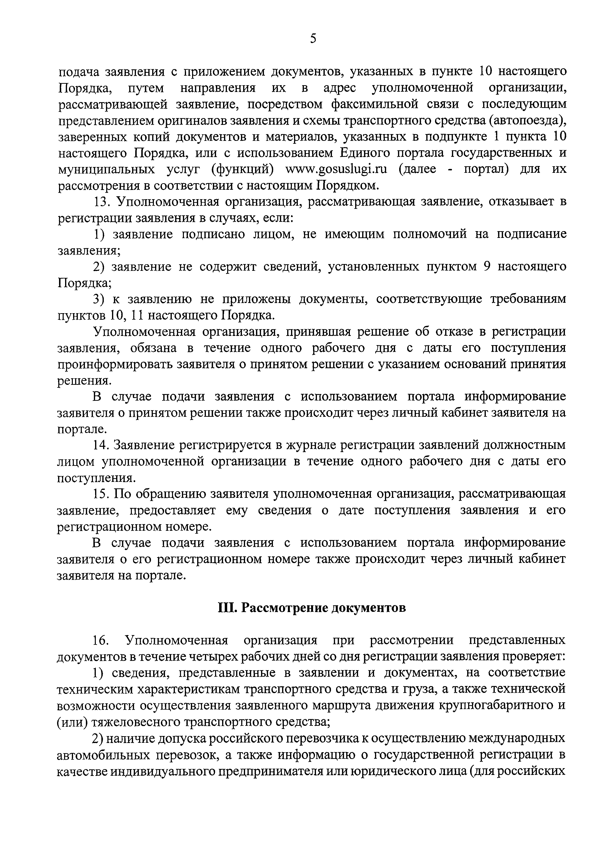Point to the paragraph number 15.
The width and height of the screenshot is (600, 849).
pos(101,494)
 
